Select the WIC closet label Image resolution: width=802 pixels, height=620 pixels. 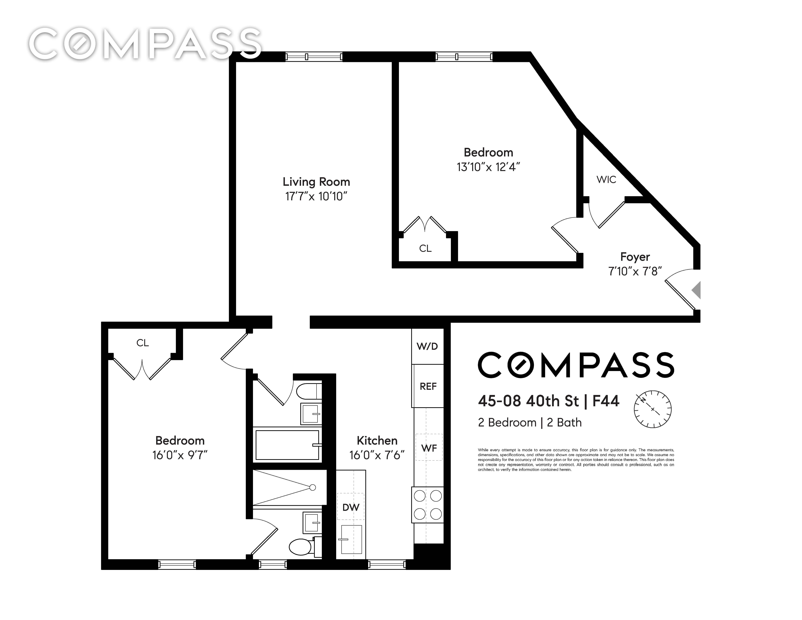click(x=606, y=180)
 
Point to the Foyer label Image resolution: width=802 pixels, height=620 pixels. click(x=635, y=257)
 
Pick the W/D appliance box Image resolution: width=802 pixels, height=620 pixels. click(x=427, y=346)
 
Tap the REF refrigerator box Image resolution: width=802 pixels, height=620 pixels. click(x=428, y=386)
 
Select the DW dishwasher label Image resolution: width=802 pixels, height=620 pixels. click(x=351, y=507)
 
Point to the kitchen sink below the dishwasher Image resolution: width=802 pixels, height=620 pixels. click(x=351, y=539)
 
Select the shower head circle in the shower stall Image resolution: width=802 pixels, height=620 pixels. click(x=313, y=487)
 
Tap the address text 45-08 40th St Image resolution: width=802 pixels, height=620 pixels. click(x=528, y=401)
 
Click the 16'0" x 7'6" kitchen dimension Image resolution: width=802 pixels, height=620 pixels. click(x=377, y=455)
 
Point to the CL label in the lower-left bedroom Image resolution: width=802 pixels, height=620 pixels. click(x=142, y=343)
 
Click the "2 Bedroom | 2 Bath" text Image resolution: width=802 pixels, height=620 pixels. click(x=530, y=422)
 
